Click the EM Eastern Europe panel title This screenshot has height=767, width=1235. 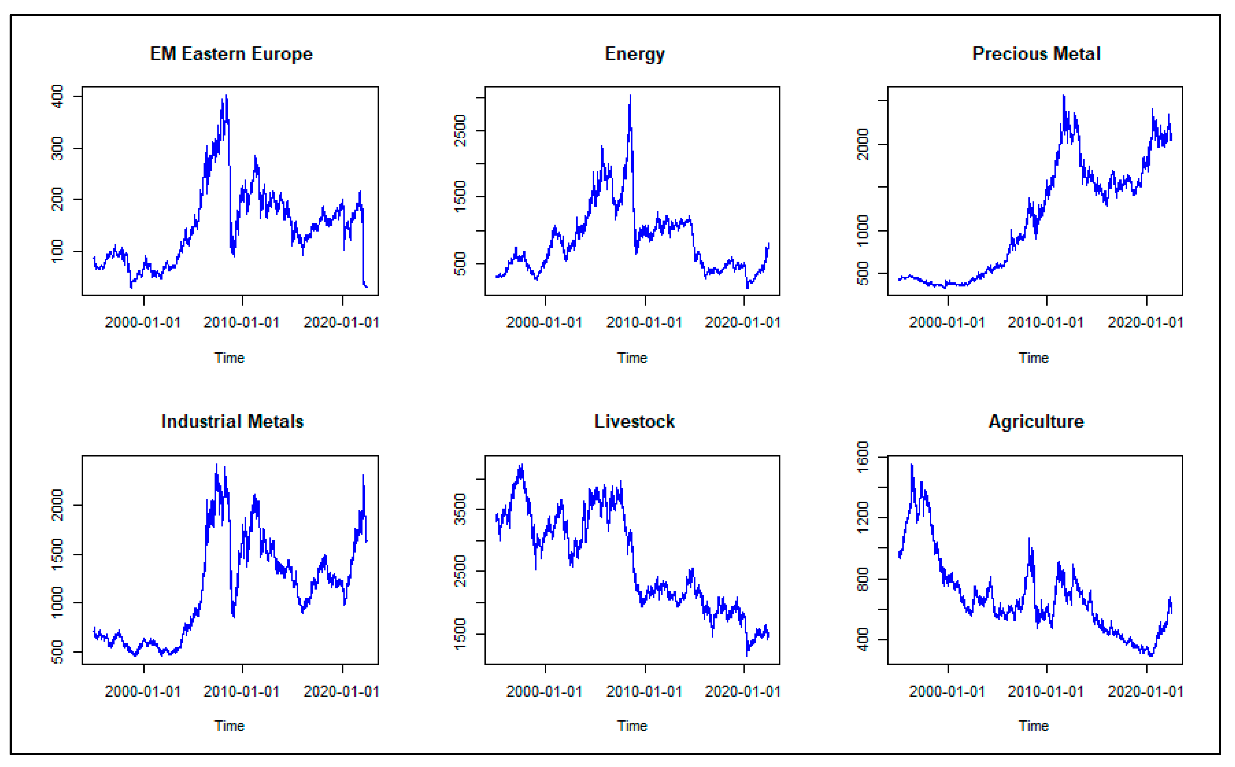[231, 54]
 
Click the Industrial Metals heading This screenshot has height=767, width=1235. [232, 422]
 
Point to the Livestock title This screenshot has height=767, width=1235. [634, 422]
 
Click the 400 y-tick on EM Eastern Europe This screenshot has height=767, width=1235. [57, 96]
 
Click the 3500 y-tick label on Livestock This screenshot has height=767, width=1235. [460, 509]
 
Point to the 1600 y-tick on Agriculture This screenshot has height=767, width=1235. [862, 457]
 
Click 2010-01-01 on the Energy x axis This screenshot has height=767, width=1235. [644, 323]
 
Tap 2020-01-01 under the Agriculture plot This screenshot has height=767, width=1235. [1145, 691]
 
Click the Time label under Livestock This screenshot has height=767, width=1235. [632, 726]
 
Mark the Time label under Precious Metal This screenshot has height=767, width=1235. [1034, 358]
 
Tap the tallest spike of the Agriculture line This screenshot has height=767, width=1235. [912, 465]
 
